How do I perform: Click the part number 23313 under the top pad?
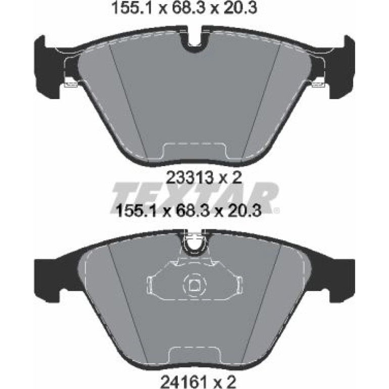click(189, 178)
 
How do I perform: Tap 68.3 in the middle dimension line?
click(189, 211)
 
